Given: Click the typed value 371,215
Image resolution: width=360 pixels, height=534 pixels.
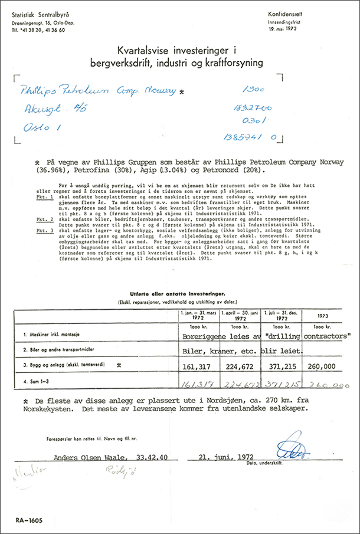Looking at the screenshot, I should pyautogui.click(x=280, y=366).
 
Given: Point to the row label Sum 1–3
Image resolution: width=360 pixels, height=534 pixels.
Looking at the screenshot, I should pyautogui.click(x=32, y=384).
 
